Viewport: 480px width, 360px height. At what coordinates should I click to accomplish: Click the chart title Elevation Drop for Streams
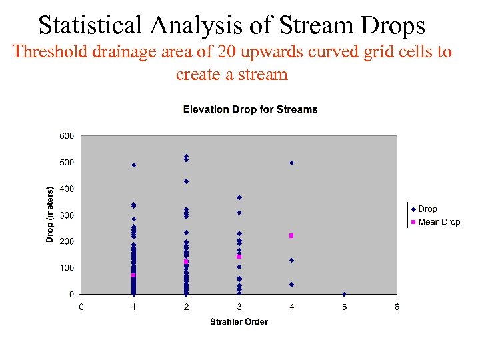click(250, 109)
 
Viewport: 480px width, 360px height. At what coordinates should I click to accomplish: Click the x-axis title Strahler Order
click(239, 322)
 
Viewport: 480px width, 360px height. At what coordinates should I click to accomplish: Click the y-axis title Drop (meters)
click(50, 208)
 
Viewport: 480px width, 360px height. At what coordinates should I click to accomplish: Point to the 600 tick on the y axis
click(67, 136)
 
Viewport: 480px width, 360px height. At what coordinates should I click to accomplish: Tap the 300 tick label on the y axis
click(67, 215)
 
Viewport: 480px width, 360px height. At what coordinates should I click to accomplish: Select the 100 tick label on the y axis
click(67, 268)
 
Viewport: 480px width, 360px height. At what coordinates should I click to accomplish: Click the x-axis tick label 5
click(344, 307)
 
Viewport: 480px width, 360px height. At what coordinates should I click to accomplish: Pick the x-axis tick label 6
click(397, 307)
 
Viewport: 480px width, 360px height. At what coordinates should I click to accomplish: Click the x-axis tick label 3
click(239, 307)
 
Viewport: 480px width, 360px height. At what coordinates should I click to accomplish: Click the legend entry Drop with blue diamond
click(427, 209)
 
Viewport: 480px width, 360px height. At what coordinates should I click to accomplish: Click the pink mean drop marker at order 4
click(291, 235)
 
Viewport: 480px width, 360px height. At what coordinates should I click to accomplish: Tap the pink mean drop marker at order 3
click(239, 257)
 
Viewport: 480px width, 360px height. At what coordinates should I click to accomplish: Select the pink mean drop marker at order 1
click(133, 275)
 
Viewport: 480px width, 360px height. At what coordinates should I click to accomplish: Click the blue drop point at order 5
click(344, 294)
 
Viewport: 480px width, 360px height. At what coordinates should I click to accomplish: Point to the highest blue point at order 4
click(291, 163)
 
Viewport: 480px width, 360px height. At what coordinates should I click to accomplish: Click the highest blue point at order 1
click(133, 165)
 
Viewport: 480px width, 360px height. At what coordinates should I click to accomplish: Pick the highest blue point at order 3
click(239, 197)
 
